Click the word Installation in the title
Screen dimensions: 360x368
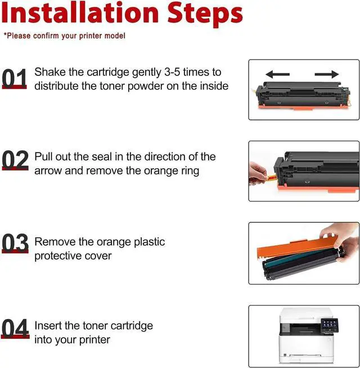pos(80,12)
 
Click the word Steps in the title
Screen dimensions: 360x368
pos(205,15)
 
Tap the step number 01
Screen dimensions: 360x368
pos(14,78)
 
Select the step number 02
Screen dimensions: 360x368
pos(15,160)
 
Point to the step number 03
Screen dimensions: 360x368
pos(15,243)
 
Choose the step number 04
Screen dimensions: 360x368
pos(15,329)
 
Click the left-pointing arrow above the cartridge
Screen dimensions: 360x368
pos(278,74)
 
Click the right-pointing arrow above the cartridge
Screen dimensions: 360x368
pos(327,74)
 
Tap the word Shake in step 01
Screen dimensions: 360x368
pos(50,72)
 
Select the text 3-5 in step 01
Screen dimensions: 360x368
pos(172,72)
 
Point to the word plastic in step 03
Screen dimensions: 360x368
pos(149,242)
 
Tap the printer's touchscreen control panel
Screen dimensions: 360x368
pos(330,324)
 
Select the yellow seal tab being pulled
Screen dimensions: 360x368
pos(271,177)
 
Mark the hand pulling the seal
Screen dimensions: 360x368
pos(258,173)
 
